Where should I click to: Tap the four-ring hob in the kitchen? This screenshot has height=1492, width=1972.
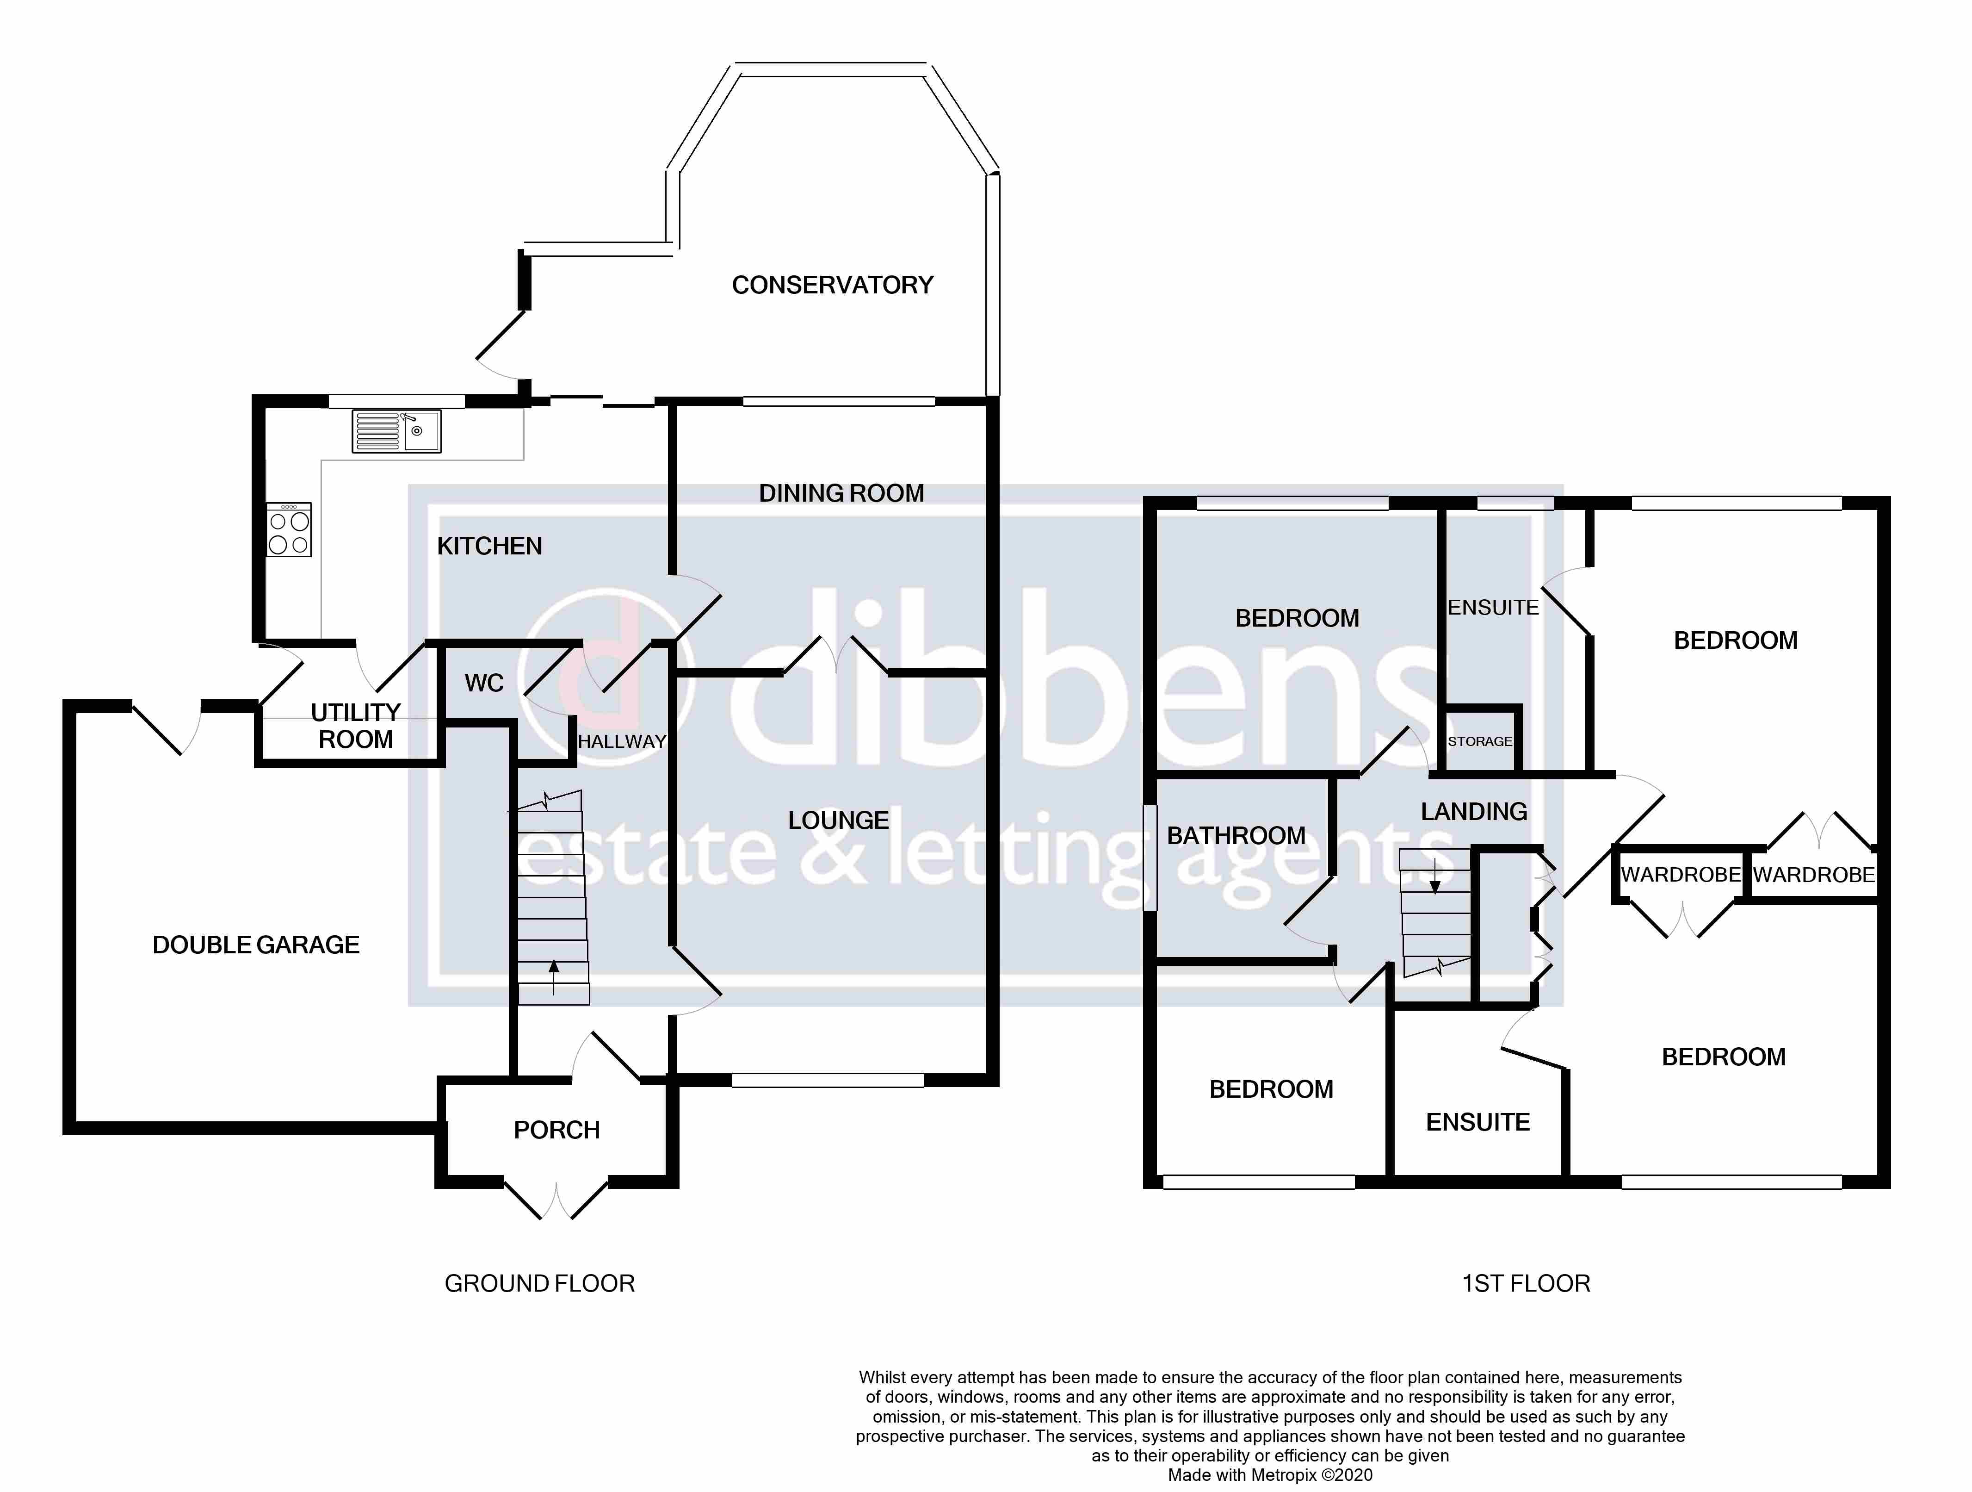[289, 530]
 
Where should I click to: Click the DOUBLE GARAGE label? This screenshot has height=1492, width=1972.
[256, 945]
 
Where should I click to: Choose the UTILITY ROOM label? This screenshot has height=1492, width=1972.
[356, 726]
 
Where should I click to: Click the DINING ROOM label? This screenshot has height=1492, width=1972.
[841, 493]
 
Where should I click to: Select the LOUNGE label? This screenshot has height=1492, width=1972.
[838, 821]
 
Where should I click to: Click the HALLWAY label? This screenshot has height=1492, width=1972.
[621, 741]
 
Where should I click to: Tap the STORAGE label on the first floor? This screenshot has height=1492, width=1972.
[1479, 741]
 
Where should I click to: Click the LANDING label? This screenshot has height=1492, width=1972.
[1474, 812]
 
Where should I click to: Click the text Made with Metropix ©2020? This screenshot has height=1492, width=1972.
[1269, 1475]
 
